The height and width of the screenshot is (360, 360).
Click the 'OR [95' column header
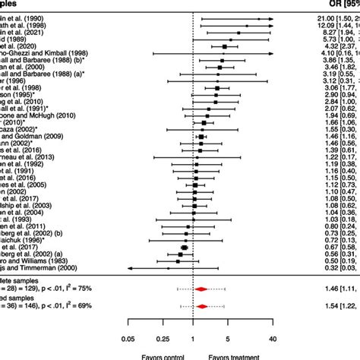click(335, 3)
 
